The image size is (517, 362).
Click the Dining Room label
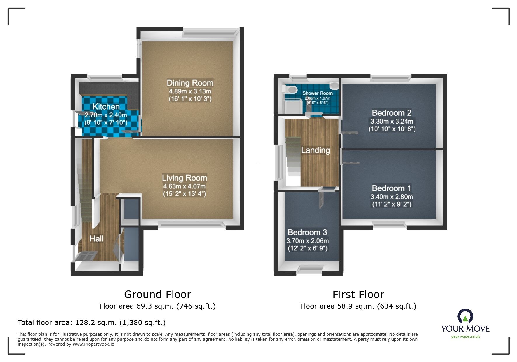point(190,83)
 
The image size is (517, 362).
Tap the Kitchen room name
point(106,107)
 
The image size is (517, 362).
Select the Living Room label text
point(184,178)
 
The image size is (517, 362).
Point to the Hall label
point(96,239)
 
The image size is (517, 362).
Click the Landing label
point(316,150)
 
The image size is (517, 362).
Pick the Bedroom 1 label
point(391,188)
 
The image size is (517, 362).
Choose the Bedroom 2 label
point(391,113)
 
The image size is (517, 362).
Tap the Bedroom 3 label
point(307,232)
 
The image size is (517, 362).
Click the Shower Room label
point(317,93)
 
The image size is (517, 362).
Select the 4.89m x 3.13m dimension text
point(190,91)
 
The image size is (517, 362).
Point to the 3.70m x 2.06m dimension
point(307,241)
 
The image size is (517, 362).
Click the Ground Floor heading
point(158,294)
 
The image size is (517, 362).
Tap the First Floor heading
point(358,294)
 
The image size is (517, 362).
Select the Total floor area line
point(92,323)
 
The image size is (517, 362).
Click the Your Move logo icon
point(465,317)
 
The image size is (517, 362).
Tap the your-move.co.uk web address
point(465,337)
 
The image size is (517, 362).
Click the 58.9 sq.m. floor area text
point(358,306)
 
